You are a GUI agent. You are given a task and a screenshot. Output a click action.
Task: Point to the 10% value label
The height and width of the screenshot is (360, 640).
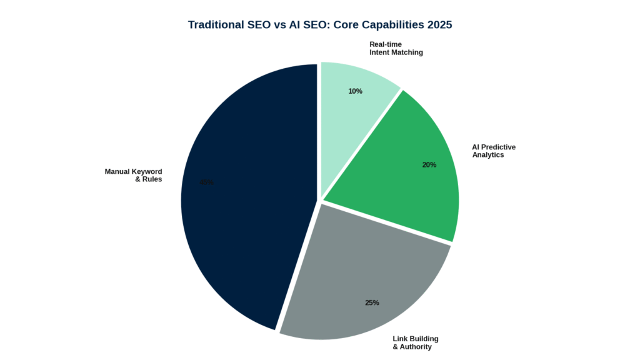pos(355,91)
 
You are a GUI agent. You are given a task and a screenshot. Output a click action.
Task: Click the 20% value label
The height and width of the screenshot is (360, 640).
pos(429,165)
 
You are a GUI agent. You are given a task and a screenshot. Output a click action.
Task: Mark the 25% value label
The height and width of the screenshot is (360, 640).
pos(372,303)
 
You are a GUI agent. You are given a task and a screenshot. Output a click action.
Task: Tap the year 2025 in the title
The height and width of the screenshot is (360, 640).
pos(437,25)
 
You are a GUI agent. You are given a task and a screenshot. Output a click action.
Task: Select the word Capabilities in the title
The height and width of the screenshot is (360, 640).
pos(386,25)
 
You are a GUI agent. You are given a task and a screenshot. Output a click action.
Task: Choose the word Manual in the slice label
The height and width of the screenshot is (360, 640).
pos(117,172)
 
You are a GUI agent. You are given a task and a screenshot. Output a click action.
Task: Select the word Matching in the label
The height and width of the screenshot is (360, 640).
pos(408,52)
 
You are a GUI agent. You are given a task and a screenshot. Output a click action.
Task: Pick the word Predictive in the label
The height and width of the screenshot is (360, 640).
pos(498,147)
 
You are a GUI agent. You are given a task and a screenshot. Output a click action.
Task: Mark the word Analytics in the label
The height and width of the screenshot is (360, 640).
pos(488,155)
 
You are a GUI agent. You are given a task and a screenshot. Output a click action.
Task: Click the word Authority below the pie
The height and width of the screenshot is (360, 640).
pos(416,347)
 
